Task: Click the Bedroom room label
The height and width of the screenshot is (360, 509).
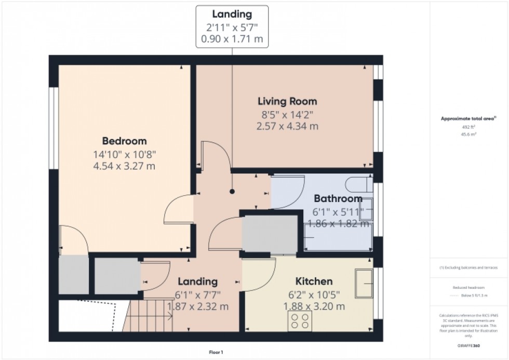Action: click(124, 141)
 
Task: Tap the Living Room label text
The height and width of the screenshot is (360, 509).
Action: click(287, 101)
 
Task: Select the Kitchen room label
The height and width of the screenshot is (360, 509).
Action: click(314, 282)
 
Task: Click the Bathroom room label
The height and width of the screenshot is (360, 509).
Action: click(338, 199)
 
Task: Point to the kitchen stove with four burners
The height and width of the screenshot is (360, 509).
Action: click(300, 321)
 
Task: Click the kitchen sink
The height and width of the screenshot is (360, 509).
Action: click(364, 283)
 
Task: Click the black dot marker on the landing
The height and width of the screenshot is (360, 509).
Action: click(232, 192)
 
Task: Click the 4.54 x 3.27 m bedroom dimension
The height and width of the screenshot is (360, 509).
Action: click(124, 166)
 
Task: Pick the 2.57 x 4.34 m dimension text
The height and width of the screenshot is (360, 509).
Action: click(287, 126)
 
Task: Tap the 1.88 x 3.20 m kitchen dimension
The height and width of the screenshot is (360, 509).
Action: click(314, 306)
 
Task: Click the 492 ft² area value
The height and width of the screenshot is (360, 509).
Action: click(469, 127)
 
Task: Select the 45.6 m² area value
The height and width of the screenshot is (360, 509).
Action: click(469, 134)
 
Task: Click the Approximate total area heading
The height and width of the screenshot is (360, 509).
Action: click(469, 118)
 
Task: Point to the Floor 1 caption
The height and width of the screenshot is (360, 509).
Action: click(216, 353)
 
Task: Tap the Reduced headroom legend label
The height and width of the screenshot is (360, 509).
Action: click(469, 287)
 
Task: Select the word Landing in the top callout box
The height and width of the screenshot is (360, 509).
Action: click(232, 15)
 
